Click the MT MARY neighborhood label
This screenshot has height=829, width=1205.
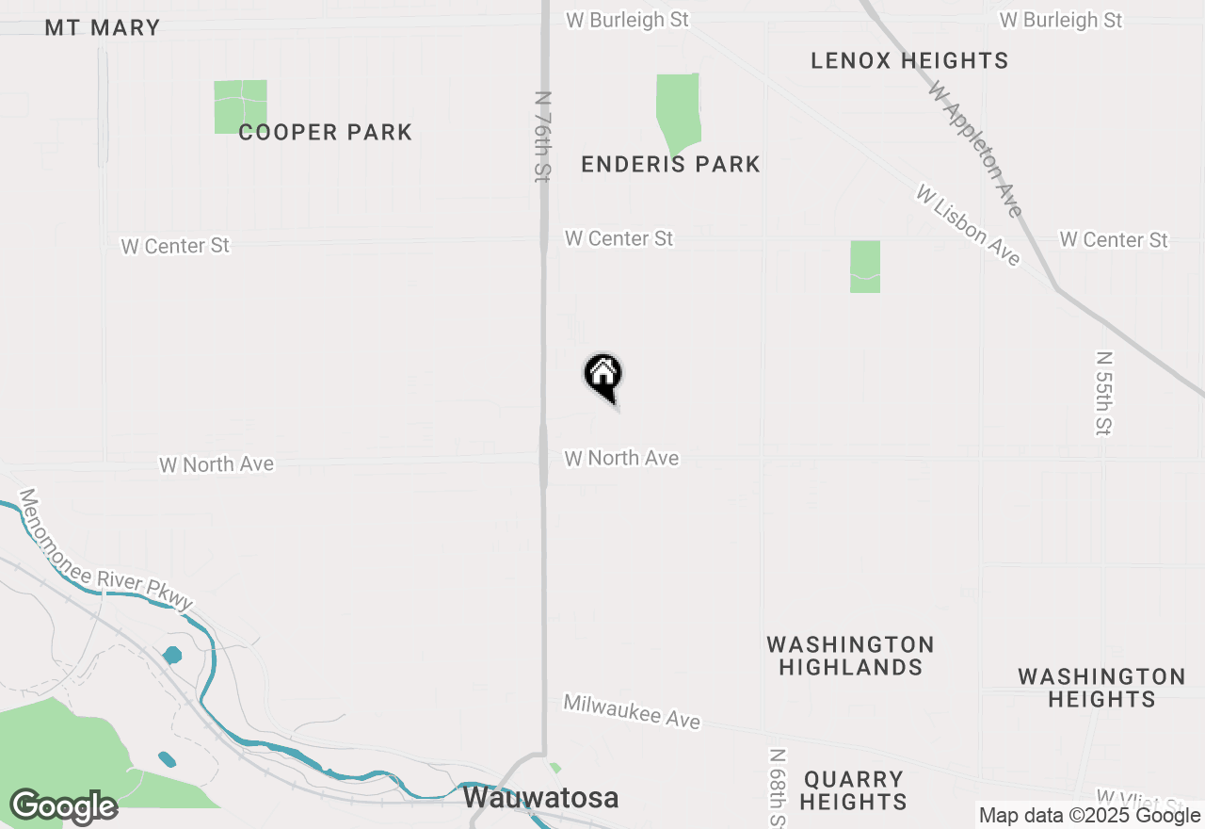coord(103,27)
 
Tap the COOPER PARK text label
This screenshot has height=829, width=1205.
coord(325,132)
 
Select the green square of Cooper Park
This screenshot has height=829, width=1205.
coord(240,106)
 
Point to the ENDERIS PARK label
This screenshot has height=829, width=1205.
coord(670,164)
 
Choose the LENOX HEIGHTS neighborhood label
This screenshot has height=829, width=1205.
coord(909,60)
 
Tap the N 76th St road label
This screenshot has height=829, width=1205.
coord(542,137)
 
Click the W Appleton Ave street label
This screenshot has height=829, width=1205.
coord(975,148)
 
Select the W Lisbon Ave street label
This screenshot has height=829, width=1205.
coord(968,225)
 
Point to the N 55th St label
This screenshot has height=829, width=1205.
coord(1104,393)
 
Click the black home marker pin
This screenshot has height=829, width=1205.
coord(603,375)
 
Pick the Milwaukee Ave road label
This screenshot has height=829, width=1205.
coord(632,711)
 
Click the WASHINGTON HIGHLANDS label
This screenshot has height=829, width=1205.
coord(850,656)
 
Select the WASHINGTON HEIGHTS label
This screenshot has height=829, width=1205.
coord(1101,688)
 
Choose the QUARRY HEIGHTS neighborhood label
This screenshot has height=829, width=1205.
coord(854,790)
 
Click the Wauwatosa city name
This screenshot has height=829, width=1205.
coord(541,798)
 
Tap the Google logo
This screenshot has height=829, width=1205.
coord(63,807)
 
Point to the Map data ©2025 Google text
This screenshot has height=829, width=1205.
coord(1089,816)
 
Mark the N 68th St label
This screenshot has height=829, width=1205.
coord(777,787)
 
